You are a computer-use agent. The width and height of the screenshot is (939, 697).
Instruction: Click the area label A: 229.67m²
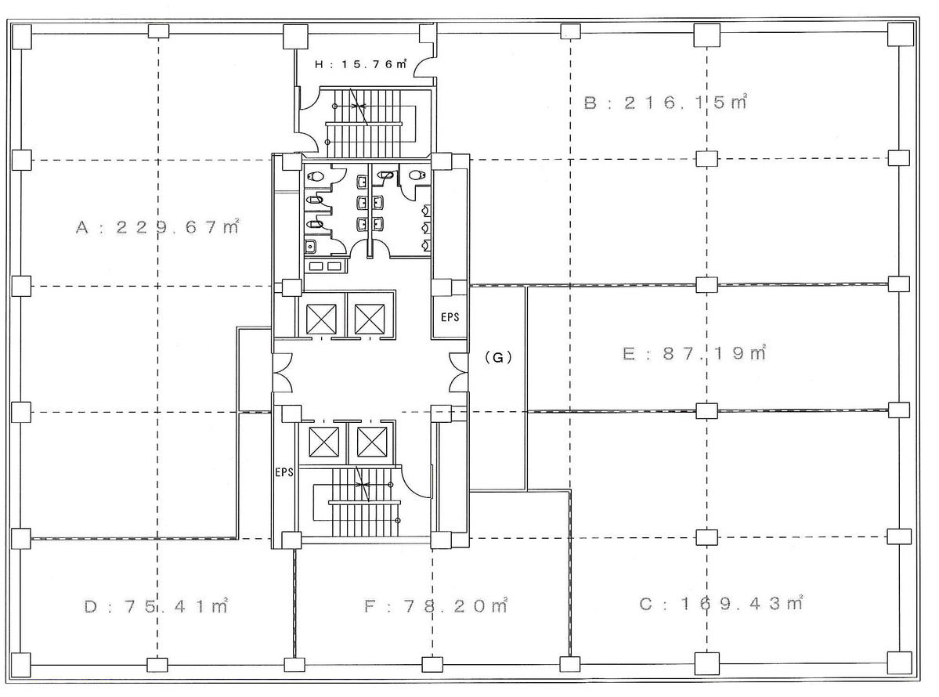(x=157, y=228)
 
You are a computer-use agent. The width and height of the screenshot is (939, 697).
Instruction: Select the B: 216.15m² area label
(x=665, y=103)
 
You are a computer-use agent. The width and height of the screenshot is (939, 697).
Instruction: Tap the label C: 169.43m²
(x=721, y=604)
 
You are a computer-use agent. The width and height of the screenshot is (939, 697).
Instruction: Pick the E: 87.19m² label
(x=693, y=353)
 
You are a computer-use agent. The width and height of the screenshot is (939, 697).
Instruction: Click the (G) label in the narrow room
(x=497, y=357)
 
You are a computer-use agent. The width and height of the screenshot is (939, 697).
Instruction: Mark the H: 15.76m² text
(x=360, y=65)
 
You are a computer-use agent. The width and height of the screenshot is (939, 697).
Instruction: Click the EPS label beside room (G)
(x=449, y=318)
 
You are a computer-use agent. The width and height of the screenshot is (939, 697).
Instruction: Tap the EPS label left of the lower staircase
(x=284, y=473)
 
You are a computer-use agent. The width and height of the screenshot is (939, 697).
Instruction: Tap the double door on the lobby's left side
(x=281, y=372)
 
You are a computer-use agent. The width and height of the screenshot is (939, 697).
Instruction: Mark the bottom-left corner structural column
(x=21, y=668)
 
